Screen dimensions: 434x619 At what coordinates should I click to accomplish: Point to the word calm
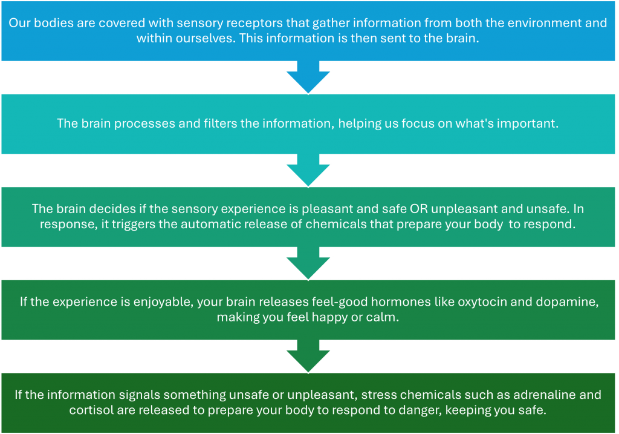pos(386,317)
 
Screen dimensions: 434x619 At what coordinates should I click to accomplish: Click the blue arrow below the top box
pos(309,77)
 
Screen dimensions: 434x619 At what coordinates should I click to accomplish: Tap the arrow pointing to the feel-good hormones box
pos(309,264)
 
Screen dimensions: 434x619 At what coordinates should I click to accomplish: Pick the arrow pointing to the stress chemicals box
pos(309,357)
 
